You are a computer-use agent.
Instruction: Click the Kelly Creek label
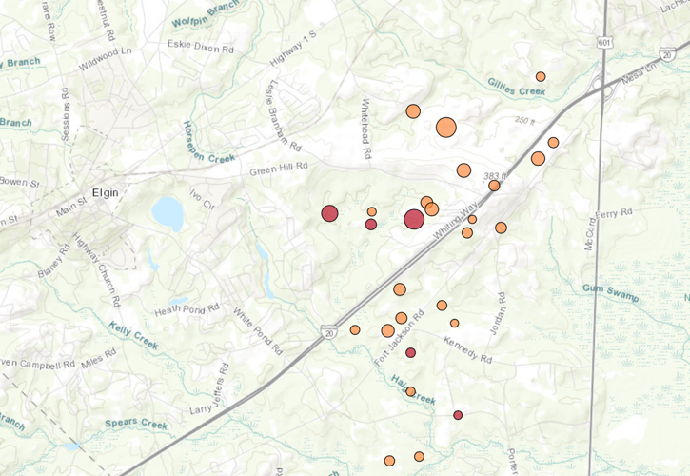coord(132,330)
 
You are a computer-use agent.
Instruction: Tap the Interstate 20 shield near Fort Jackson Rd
coord(328,332)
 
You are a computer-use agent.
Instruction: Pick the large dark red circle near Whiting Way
coord(413,220)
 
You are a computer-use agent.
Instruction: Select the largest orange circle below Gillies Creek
coord(446,128)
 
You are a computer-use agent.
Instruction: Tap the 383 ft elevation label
coord(492,176)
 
